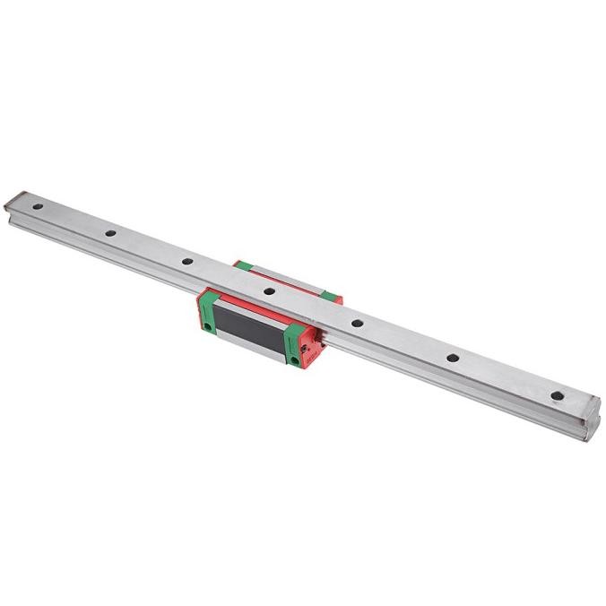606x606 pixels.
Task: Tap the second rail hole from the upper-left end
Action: click(x=108, y=234)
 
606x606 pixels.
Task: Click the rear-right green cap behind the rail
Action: click(x=331, y=292)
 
